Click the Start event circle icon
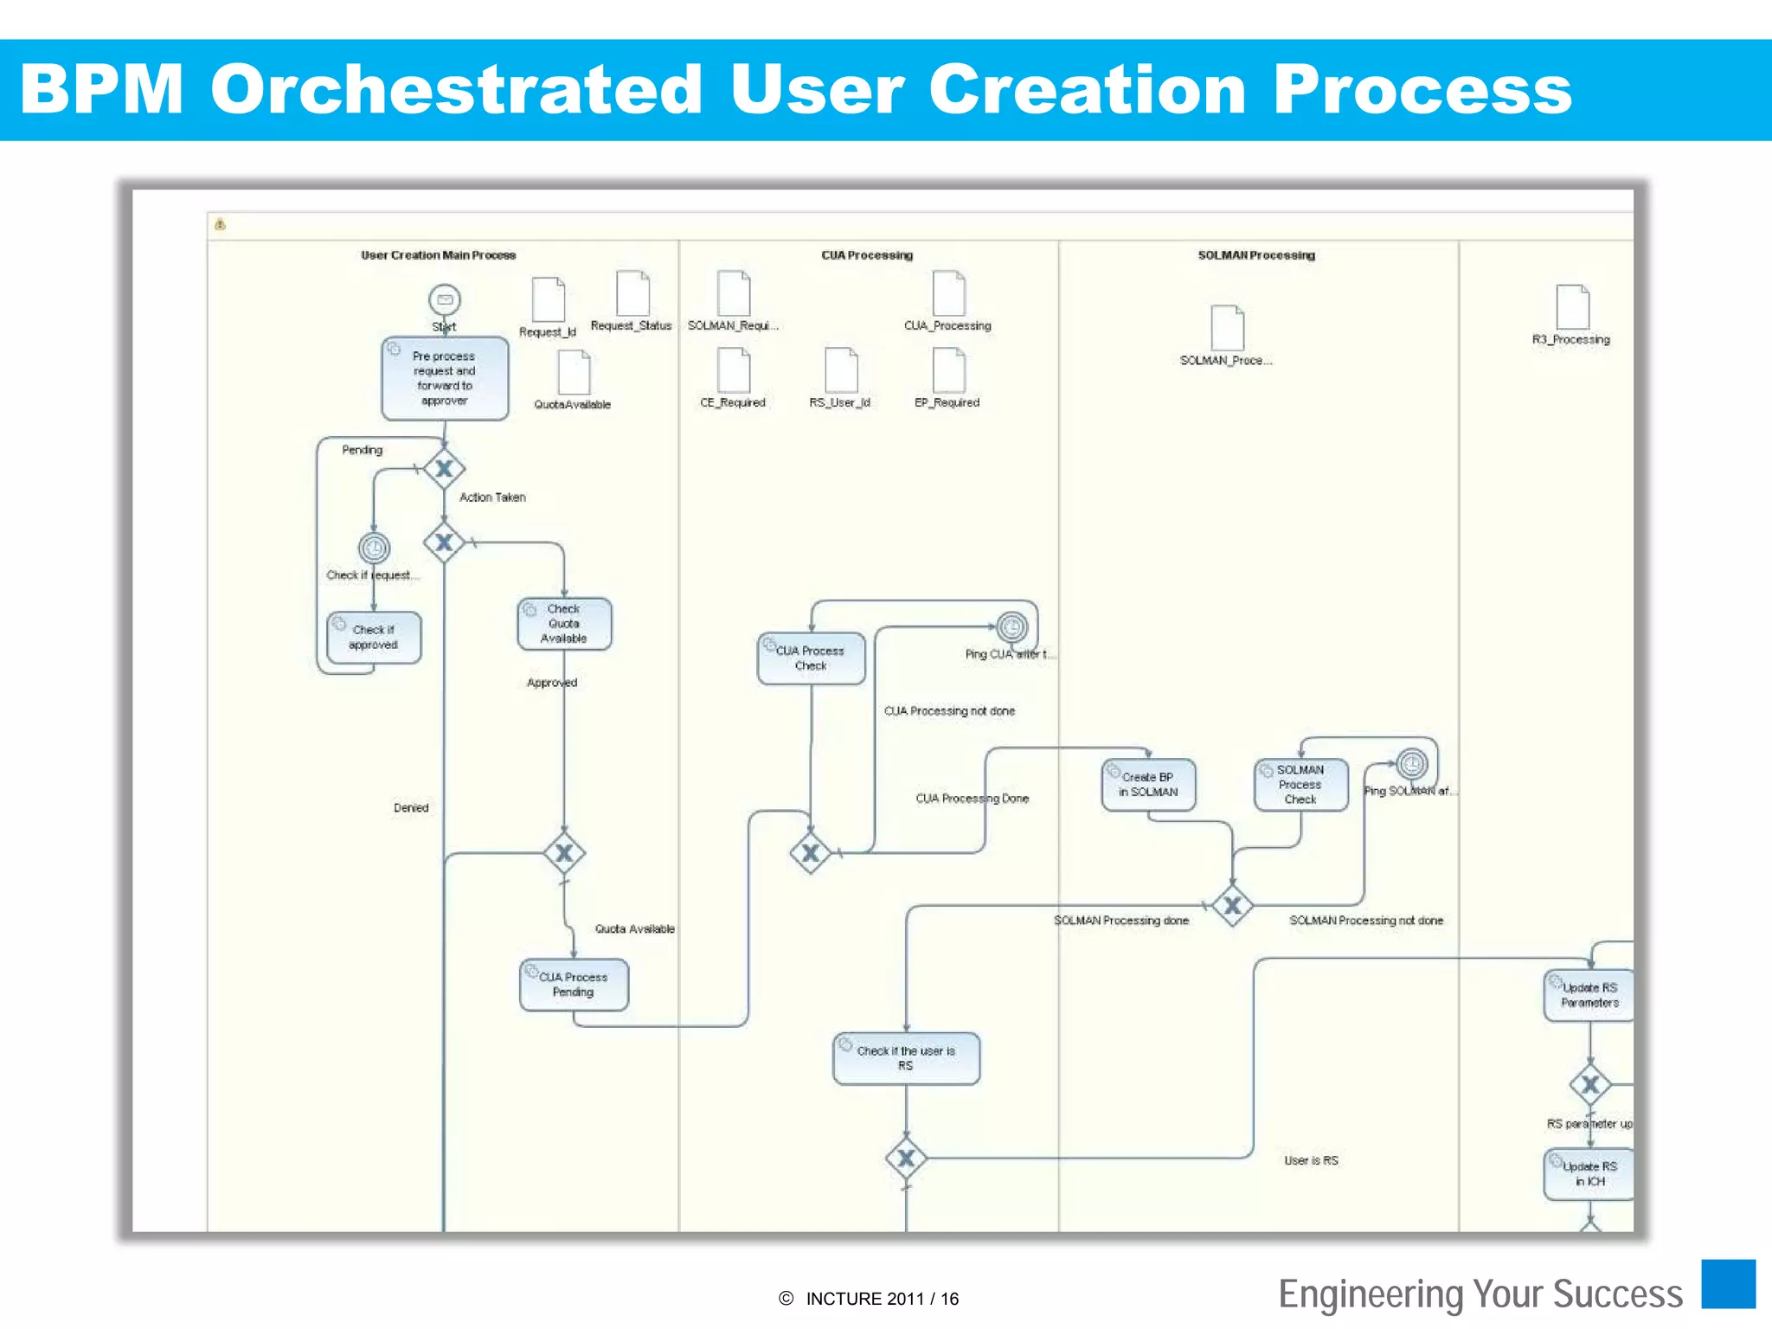tap(445, 300)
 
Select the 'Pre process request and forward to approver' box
tap(445, 378)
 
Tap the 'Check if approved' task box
tap(374, 638)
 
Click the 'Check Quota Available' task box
tap(564, 624)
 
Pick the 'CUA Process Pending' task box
tap(574, 985)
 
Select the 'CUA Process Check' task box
tap(811, 658)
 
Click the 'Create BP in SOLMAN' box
tap(1148, 785)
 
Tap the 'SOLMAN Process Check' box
tap(1300, 785)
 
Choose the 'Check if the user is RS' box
tap(906, 1058)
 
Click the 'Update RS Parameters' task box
tap(1589, 995)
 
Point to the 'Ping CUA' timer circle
tap(1011, 626)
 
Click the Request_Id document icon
tap(548, 300)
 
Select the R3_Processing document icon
tap(1572, 307)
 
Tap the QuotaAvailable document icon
tap(574, 373)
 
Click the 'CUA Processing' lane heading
tap(867, 255)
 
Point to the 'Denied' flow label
tap(411, 808)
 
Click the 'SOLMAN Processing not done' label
tap(1366, 921)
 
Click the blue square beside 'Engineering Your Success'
tap(1728, 1284)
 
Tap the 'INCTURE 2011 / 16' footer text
tap(882, 1299)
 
